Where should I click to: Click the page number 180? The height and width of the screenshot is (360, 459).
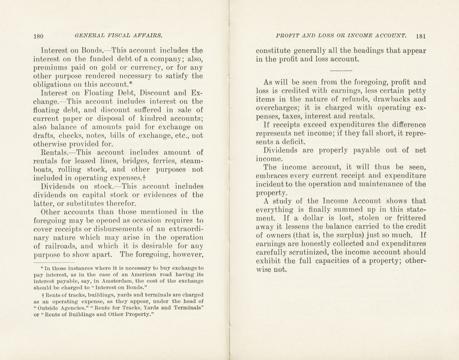coord(38,36)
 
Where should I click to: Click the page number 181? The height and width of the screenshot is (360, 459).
coord(421,36)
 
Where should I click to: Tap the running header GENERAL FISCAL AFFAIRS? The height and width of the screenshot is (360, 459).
coord(118,36)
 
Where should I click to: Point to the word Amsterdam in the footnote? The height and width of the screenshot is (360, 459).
coord(117,281)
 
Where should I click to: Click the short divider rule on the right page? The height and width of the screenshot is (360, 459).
coord(341,70)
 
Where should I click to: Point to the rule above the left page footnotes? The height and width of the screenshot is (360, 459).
coord(54,262)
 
